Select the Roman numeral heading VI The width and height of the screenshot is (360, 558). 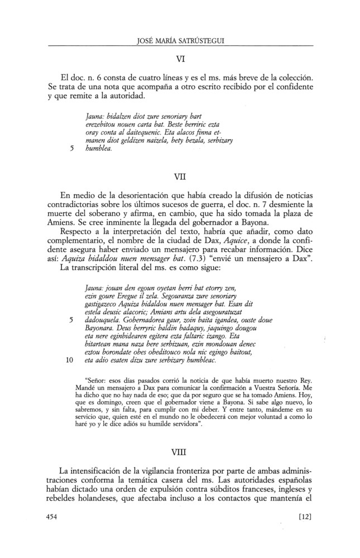[180, 56]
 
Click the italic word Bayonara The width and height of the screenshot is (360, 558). [99, 330]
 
